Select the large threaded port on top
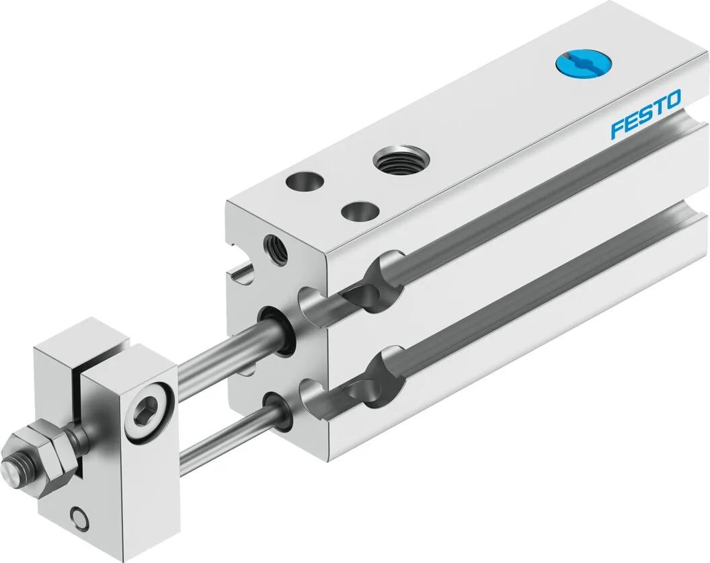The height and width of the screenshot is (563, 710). (401, 159)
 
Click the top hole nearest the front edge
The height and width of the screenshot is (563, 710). (360, 211)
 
